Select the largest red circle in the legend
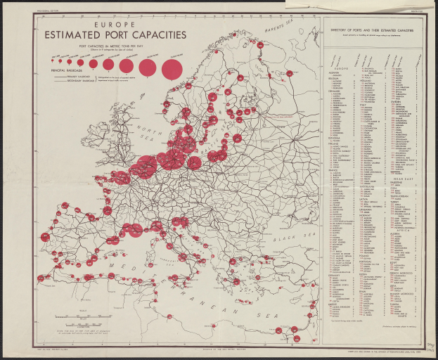point(172,68)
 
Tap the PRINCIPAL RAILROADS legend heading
point(67,71)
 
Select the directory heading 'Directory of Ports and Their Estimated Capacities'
point(375,30)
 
